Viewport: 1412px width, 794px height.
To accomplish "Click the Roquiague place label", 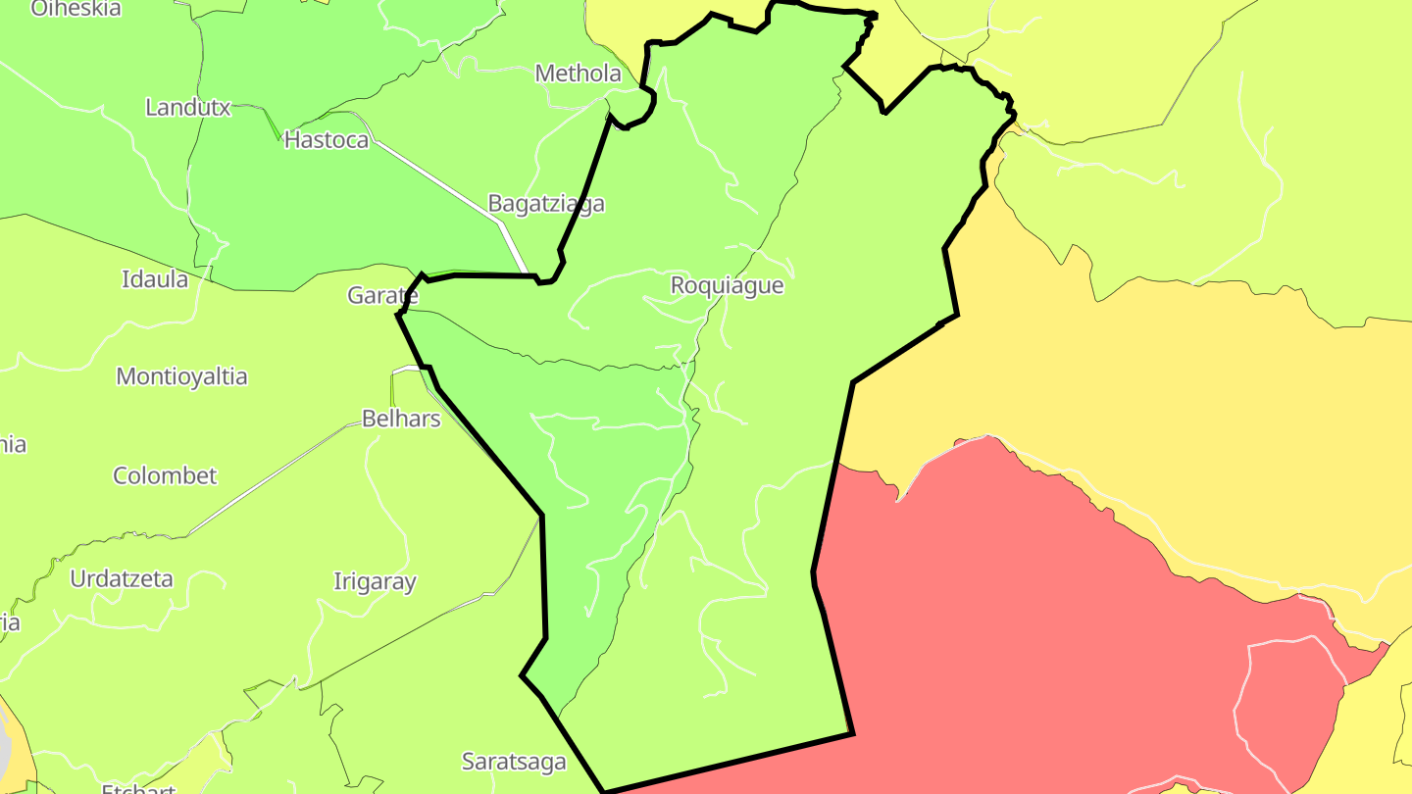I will coord(727,285).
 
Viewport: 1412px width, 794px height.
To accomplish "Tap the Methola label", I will coord(578,74).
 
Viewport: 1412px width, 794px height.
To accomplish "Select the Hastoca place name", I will coord(327,140).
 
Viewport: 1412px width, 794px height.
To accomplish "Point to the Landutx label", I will coord(187,108).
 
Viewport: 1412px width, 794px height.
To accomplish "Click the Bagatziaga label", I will coord(546,204).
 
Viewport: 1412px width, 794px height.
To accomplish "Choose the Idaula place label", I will coord(155,279).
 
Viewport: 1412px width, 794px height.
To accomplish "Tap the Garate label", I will coord(382,296).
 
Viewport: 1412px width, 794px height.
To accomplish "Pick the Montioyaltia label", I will coord(181,376).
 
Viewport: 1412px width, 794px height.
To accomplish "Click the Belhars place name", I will coord(401,419).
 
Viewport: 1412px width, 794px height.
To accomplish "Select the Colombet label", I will coord(165,476).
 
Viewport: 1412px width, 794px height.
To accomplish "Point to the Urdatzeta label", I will coord(122,579).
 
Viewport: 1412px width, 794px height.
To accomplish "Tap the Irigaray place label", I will coord(375,582).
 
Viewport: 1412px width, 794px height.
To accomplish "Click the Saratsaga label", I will coord(514,762).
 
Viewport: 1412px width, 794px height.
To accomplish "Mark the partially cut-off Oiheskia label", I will coord(76,9).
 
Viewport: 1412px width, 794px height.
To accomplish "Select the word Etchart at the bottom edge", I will coord(138,787).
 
